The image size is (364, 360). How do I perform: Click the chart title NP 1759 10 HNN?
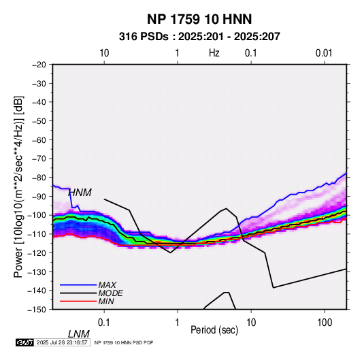pyautogui.click(x=199, y=19)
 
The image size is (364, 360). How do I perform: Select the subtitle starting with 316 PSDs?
pyautogui.click(x=199, y=37)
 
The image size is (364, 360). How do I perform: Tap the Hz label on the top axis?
pyautogui.click(x=214, y=53)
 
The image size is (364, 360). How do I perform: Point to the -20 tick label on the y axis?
pyautogui.click(x=39, y=65)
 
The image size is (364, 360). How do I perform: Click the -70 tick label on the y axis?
pyautogui.click(x=39, y=159)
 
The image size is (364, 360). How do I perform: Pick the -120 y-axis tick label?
pyautogui.click(x=37, y=252)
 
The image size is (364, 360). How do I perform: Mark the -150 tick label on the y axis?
pyautogui.click(x=37, y=310)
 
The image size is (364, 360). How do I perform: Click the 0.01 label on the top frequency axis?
pyautogui.click(x=324, y=53)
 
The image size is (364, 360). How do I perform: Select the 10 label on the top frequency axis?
pyautogui.click(x=104, y=53)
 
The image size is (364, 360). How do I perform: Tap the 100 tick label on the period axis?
pyautogui.click(x=325, y=323)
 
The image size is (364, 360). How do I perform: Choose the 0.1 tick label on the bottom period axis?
pyautogui.click(x=104, y=323)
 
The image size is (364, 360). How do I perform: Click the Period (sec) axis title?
pyautogui.click(x=214, y=330)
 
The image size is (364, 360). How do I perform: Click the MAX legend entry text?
pyautogui.click(x=107, y=285)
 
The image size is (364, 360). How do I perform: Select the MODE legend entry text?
pyautogui.click(x=110, y=293)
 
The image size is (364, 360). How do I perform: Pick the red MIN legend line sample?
pyautogui.click(x=78, y=301)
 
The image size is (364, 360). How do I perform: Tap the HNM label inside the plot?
pyautogui.click(x=80, y=193)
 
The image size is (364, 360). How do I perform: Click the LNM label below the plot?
pyautogui.click(x=78, y=334)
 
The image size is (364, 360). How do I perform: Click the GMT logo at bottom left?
pyautogui.click(x=25, y=342)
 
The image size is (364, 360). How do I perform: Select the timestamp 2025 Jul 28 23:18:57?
pyautogui.click(x=62, y=342)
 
